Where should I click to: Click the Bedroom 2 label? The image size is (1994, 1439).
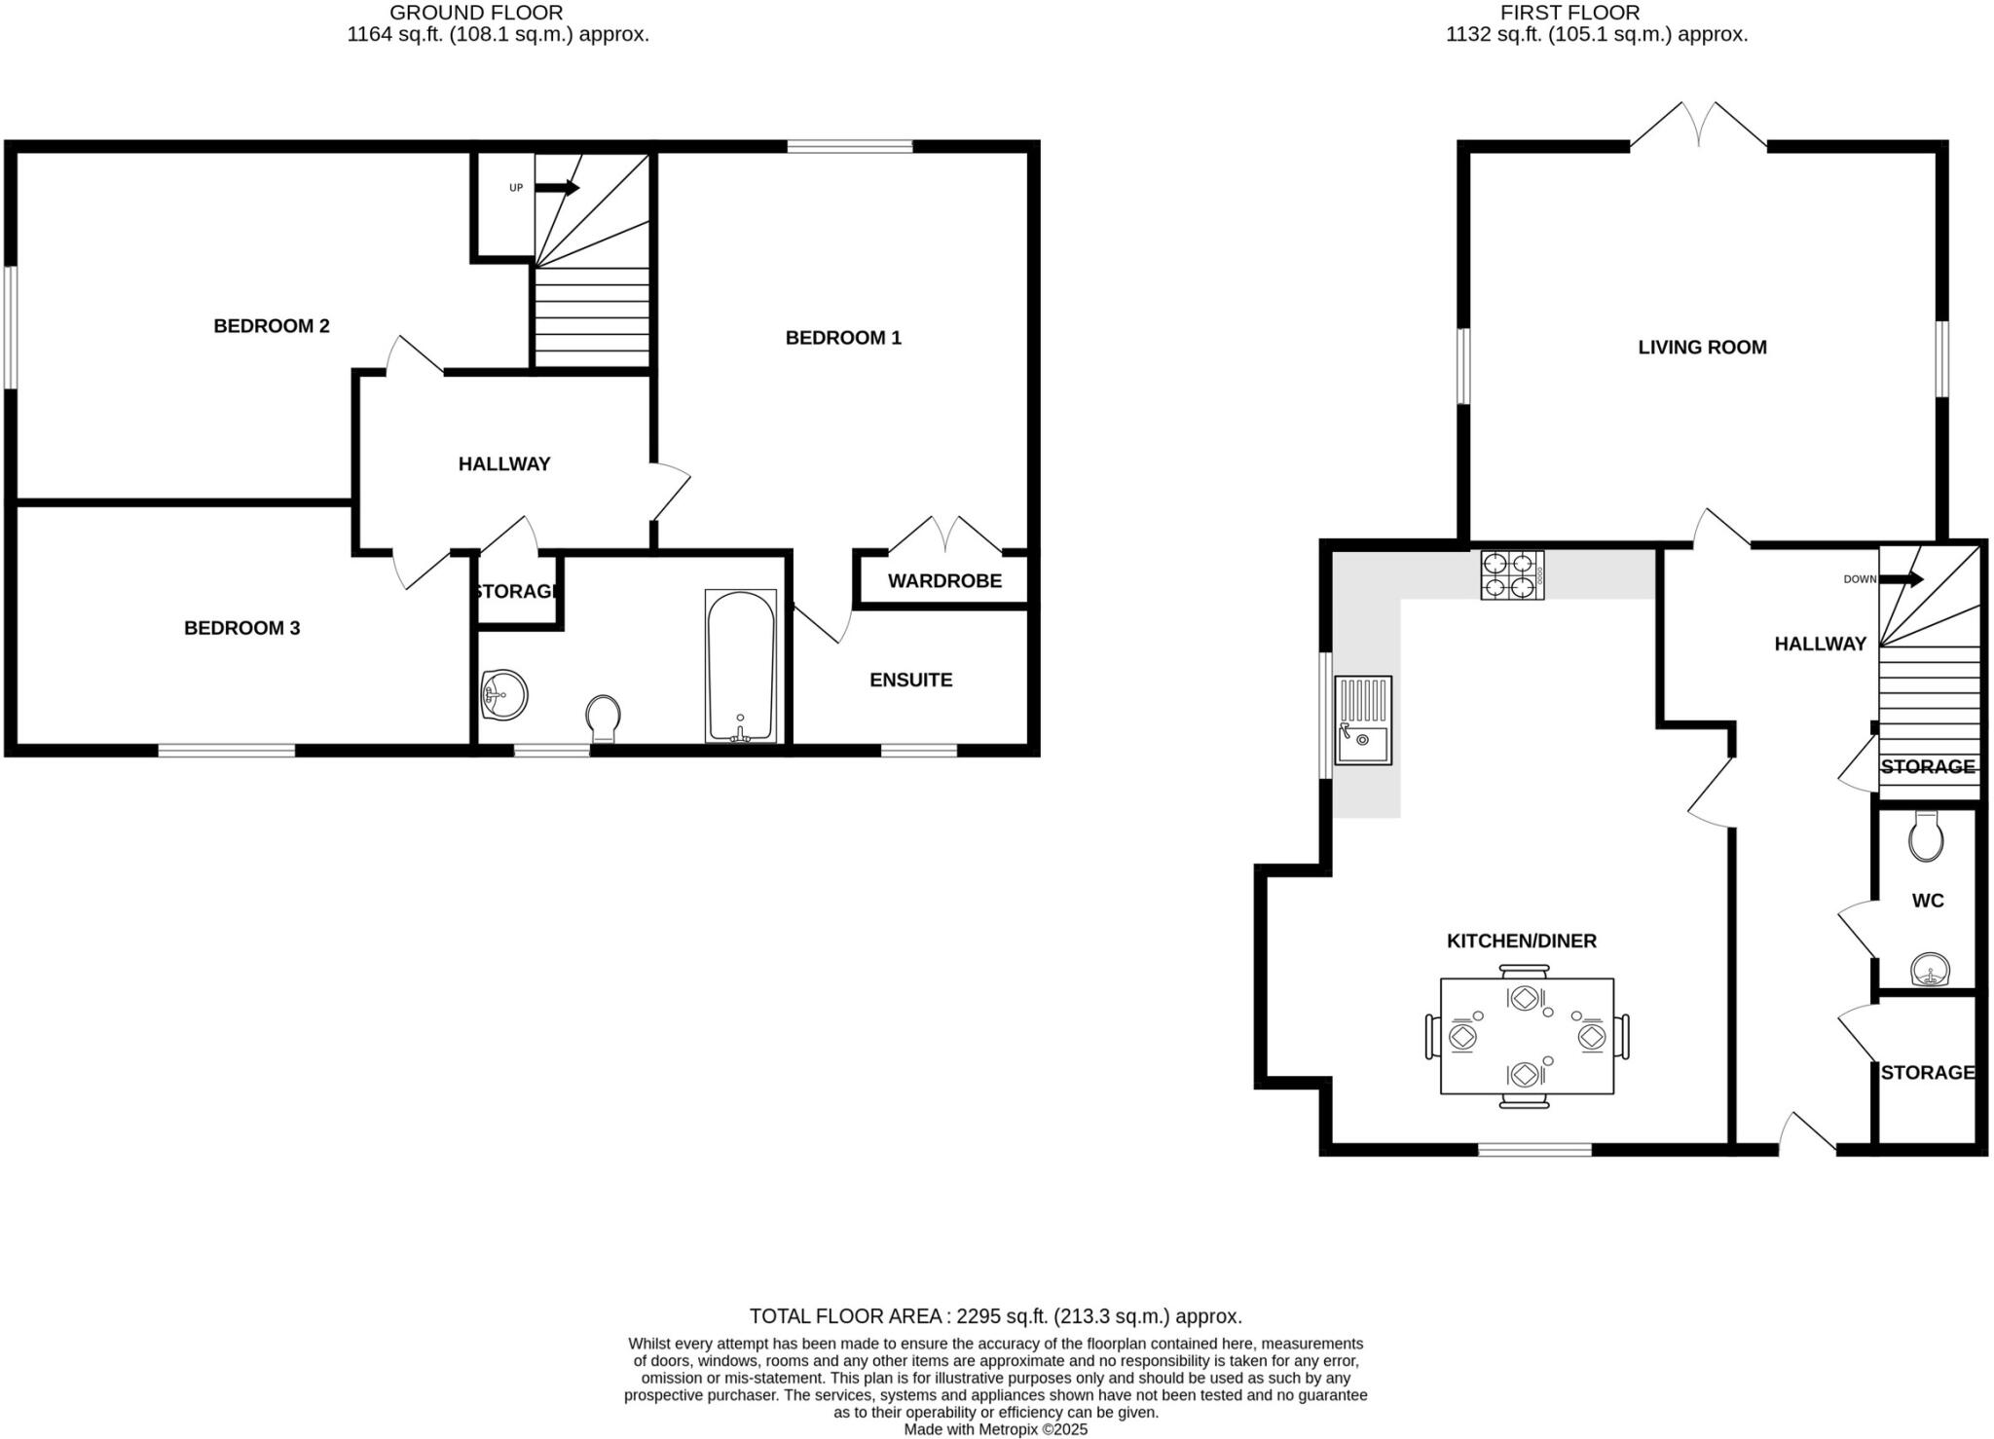(272, 326)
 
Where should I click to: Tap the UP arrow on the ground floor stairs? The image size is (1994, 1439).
(558, 187)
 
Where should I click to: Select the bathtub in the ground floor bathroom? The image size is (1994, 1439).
(740, 667)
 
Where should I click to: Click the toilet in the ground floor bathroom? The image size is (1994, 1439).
(604, 719)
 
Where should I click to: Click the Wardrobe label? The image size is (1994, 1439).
(944, 581)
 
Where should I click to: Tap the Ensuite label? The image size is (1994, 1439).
(910, 681)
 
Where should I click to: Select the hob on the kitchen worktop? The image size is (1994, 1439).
(1512, 574)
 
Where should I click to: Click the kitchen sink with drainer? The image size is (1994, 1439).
(1363, 720)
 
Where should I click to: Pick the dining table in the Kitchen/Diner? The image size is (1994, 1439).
(1526, 1036)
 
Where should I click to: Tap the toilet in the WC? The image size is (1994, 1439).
(1926, 837)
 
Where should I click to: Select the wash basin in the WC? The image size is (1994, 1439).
(1930, 971)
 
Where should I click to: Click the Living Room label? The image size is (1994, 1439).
(1702, 348)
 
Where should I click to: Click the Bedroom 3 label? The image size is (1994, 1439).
(241, 629)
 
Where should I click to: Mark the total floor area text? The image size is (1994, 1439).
(995, 1316)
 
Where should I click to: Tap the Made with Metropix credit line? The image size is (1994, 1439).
(995, 1429)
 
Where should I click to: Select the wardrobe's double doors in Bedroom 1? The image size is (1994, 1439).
(945, 534)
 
